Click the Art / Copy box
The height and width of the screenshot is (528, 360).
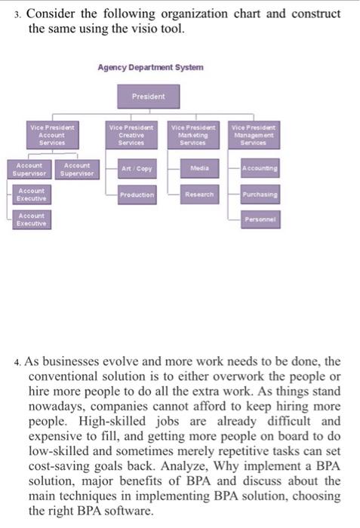pos(137,168)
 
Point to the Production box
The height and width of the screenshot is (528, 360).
pos(137,195)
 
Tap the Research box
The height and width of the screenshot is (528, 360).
pos(199,195)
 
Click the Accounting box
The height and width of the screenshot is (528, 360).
pos(257,168)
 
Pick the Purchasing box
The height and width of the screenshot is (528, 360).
pos(257,195)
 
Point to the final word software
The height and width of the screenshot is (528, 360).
pos(143,510)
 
